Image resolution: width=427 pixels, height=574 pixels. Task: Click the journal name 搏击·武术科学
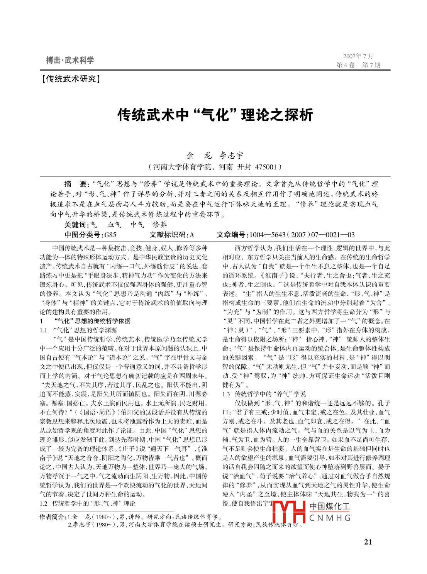pyautogui.click(x=70, y=60)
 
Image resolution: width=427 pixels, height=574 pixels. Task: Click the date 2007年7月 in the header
pyautogui.click(x=358, y=56)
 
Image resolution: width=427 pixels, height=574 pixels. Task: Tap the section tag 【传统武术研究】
pyautogui.click(x=71, y=79)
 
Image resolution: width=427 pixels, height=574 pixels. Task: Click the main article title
pyautogui.click(x=215, y=115)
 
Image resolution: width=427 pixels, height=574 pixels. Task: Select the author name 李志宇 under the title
pyautogui.click(x=231, y=156)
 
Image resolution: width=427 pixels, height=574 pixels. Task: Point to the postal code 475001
pyautogui.click(x=266, y=167)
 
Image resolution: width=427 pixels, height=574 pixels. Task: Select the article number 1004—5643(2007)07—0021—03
pyautogui.click(x=302, y=235)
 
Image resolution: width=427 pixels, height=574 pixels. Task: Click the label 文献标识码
pyautogui.click(x=168, y=235)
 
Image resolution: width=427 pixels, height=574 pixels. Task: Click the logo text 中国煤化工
pyautogui.click(x=329, y=506)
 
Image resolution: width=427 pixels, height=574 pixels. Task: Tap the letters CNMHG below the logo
pyautogui.click(x=330, y=518)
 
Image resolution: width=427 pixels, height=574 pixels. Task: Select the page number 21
pyautogui.click(x=368, y=542)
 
